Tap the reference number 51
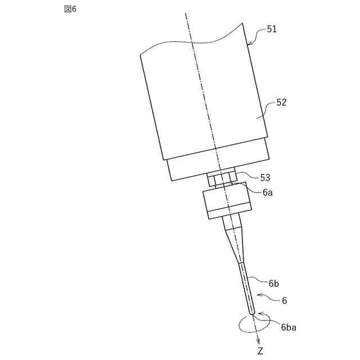271,29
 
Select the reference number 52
281,103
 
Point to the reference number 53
265,177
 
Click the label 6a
268,192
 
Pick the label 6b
273,283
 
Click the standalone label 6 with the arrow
285,300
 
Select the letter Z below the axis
260,352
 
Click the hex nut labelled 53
222,178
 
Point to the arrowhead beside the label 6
259,295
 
